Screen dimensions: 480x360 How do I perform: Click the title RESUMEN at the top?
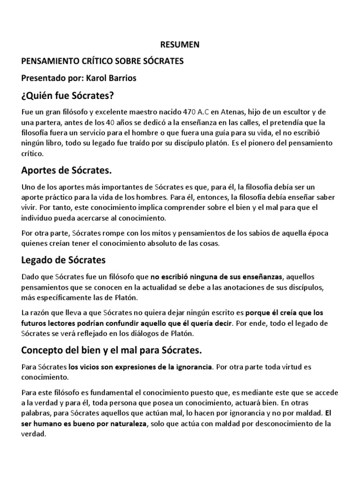point(180,45)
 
